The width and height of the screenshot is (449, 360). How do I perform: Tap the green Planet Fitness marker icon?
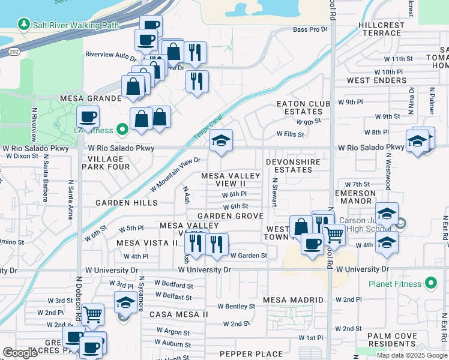point(430,283)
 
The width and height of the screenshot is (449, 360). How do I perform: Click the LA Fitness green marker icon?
point(122,129)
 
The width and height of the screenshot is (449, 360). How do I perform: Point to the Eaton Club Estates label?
point(304,107)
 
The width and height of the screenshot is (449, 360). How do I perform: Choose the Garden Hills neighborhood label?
point(126,203)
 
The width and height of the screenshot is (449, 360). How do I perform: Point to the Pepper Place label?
point(251,354)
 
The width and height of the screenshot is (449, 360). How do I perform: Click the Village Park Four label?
point(109,163)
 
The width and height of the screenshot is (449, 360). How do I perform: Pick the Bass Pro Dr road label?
point(310,29)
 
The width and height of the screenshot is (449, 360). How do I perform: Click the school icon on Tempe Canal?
point(221,142)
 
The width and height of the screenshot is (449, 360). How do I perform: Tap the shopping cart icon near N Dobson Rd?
point(92,314)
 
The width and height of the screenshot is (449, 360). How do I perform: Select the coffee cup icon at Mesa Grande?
point(88,116)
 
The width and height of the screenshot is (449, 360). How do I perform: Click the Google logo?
point(20,353)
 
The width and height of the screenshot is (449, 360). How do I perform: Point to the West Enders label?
point(368,80)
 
